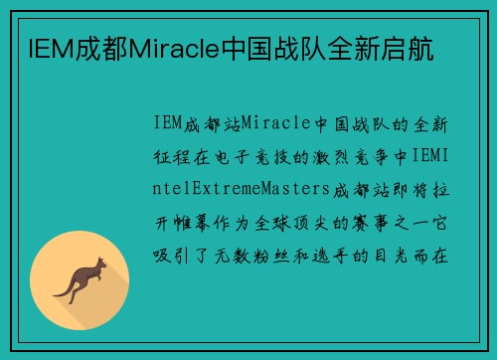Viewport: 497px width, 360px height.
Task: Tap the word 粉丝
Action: (x=288, y=253)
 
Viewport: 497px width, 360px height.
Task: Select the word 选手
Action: (x=354, y=253)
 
